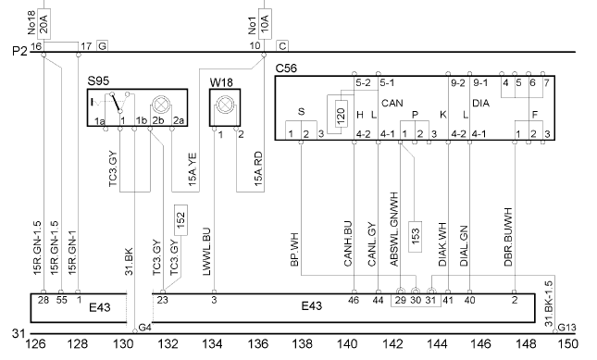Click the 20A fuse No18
(44, 23)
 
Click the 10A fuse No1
(265, 23)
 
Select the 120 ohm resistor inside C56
(342, 114)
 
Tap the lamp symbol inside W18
(225, 104)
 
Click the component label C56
(286, 68)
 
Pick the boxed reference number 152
(180, 220)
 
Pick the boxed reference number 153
(415, 237)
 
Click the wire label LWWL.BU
(206, 252)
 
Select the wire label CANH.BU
(348, 243)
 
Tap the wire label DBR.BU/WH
(508, 237)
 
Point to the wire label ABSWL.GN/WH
(394, 230)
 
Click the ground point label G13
(567, 328)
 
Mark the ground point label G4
(145, 328)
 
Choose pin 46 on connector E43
(354, 300)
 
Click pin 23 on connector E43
(163, 300)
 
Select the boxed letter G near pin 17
(102, 46)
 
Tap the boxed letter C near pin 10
(282, 46)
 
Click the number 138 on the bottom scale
(302, 344)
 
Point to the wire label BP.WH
(294, 249)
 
